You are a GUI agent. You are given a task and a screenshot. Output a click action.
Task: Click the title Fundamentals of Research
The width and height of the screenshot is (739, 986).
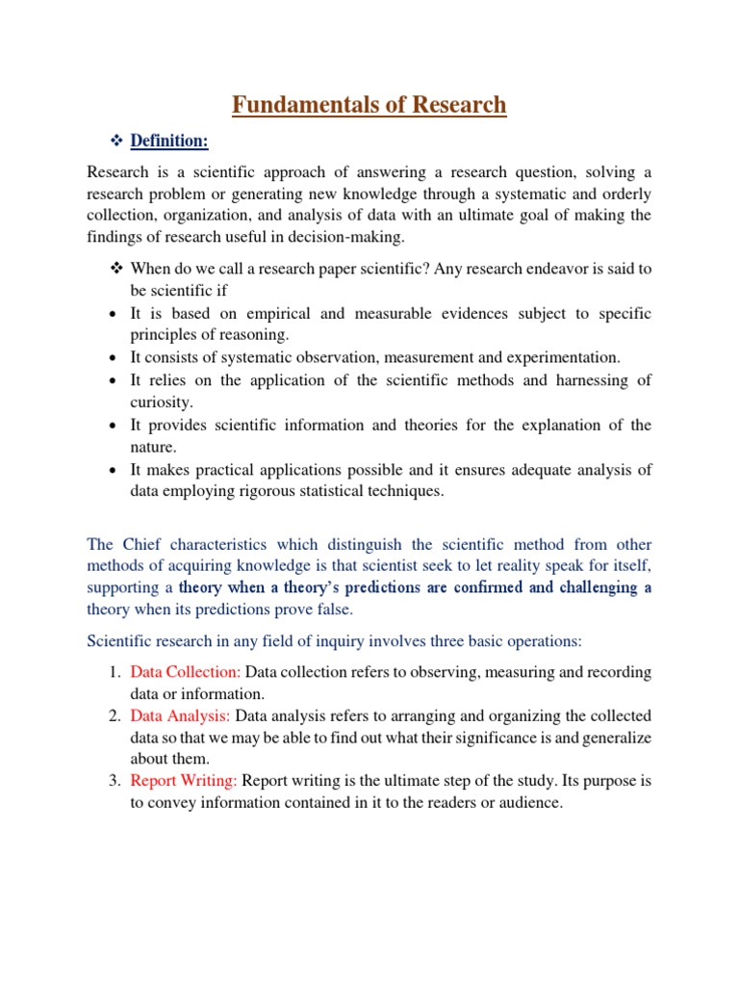click(x=369, y=104)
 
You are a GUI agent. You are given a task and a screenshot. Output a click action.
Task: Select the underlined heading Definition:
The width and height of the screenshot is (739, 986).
click(x=169, y=142)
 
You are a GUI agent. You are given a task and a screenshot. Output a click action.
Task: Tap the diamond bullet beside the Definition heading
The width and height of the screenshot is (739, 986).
click(x=115, y=142)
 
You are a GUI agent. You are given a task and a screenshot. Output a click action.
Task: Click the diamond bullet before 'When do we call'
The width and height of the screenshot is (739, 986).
click(x=115, y=269)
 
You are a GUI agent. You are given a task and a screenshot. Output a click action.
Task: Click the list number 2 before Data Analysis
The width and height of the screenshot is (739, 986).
click(x=114, y=715)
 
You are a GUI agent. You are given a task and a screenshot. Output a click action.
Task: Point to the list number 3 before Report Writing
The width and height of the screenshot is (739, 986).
click(x=114, y=780)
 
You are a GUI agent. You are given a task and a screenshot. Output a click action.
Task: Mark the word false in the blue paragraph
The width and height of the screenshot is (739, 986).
click(x=333, y=610)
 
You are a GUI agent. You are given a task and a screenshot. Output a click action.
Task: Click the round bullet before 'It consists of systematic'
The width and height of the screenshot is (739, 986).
click(x=115, y=358)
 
